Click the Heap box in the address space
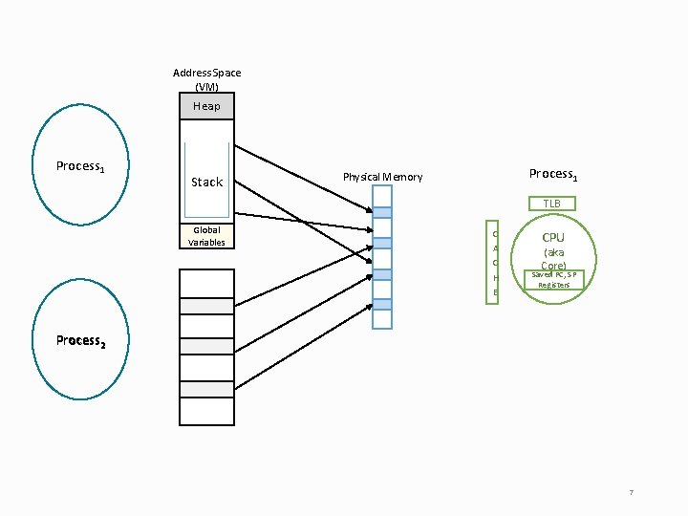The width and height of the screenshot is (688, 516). point(206,106)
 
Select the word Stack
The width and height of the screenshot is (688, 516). point(206,182)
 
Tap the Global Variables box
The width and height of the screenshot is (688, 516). point(206,236)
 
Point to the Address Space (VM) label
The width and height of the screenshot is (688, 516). point(206,79)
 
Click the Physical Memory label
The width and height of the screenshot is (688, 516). point(382,177)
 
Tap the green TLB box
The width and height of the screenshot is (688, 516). point(551,204)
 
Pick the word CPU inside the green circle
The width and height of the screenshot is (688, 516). point(553,237)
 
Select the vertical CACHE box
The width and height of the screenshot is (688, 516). point(494,263)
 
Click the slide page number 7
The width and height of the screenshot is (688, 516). point(631,492)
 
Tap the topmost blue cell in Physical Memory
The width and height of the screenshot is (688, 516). point(382,213)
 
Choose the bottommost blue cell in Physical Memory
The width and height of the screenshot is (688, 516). point(382,304)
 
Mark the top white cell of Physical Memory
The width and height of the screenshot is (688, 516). point(382,196)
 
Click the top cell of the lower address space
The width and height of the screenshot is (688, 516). point(206,283)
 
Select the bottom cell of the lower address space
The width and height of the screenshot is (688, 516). point(206,411)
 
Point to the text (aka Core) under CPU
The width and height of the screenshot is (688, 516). point(553,259)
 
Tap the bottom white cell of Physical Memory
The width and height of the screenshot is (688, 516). point(382,319)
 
